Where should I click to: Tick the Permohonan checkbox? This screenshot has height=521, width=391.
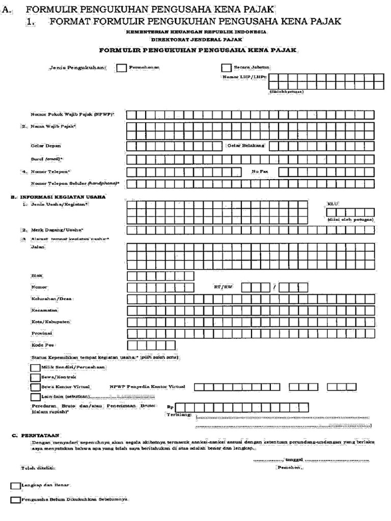coord(122,68)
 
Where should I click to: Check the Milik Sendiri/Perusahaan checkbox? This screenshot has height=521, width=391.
coord(35,367)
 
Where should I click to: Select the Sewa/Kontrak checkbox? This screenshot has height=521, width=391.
coord(35,377)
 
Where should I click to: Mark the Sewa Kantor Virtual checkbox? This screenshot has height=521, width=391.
coord(35,387)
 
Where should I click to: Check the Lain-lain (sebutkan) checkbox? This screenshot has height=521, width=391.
coord(35,397)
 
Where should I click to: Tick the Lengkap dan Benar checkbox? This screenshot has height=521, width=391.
coord(15,486)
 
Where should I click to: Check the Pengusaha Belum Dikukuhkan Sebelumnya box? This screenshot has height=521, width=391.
coord(15,500)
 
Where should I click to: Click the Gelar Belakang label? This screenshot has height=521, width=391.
coord(246,146)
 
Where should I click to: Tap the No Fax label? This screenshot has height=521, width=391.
coord(260,171)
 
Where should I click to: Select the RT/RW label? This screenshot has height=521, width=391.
coord(222,287)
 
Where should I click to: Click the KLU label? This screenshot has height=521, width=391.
coord(333,204)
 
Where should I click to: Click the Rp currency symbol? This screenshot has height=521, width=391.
coord(170,407)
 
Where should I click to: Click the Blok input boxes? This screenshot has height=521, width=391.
coord(160,276)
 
